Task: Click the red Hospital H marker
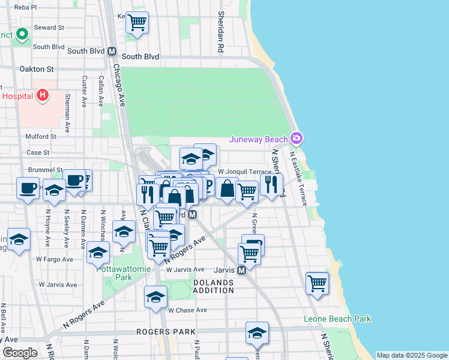tap(42, 95)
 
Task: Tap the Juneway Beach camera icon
tap(296, 139)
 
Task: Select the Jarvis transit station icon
tap(242, 271)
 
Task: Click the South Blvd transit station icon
tap(112, 52)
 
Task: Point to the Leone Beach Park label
tap(337, 319)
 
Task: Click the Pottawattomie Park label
tap(123, 273)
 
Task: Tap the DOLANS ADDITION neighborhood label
tap(213, 286)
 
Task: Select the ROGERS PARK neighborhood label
tap(166, 332)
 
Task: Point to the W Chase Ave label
tap(187, 310)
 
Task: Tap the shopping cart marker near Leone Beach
tap(317, 283)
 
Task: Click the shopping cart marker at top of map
tap(137, 23)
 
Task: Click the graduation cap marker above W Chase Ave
tap(155, 296)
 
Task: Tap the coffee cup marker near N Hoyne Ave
tap(28, 188)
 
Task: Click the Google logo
tap(20, 353)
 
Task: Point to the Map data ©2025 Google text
tap(412, 355)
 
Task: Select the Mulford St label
tap(41, 136)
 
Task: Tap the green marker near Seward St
tap(22, 34)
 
